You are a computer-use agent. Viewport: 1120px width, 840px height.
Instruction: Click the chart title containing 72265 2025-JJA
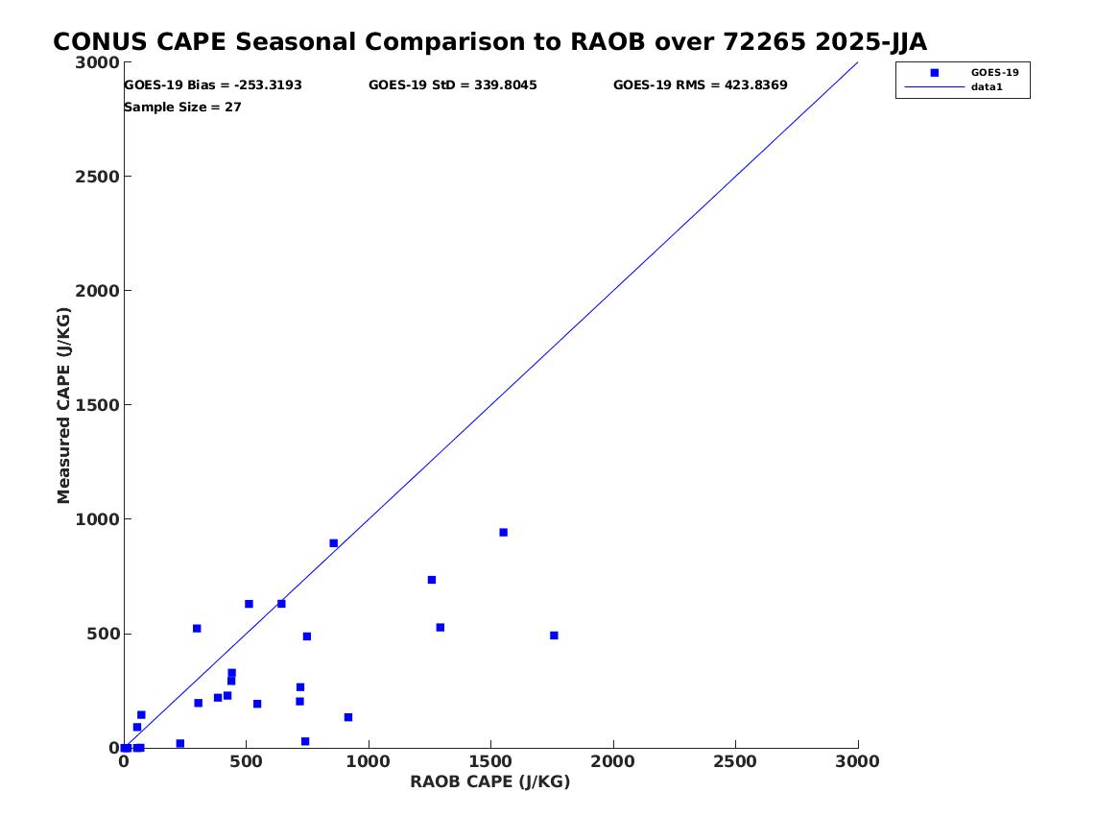tap(490, 42)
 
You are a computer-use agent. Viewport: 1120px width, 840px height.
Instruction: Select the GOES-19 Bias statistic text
tap(213, 85)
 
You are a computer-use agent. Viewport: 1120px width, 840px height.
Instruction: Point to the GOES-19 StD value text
tap(453, 85)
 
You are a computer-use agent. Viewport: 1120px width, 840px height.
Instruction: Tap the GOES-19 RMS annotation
tap(700, 85)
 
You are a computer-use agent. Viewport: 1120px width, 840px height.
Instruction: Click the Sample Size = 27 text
tap(183, 108)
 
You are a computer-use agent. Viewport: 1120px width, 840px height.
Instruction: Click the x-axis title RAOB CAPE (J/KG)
tap(490, 782)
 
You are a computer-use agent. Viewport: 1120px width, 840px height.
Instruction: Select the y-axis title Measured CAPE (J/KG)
tap(63, 405)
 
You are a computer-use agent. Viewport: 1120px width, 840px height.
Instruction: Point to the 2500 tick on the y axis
tap(97, 177)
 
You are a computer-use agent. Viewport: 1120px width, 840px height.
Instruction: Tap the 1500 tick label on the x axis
tap(490, 762)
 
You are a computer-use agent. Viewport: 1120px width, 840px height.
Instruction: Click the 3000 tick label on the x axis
tap(857, 762)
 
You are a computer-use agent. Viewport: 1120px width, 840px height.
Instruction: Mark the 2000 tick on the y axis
tap(97, 291)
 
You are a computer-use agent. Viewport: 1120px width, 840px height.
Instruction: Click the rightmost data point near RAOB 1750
tap(554, 636)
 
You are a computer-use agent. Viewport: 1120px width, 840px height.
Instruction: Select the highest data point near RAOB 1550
tap(503, 532)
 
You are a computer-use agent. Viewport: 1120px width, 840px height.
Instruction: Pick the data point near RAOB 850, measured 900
tap(333, 542)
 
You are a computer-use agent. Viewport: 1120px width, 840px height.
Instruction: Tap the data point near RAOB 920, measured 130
tap(347, 717)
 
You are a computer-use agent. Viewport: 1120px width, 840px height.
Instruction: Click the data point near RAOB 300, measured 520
tap(197, 629)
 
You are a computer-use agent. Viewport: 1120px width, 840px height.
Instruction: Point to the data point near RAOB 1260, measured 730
tap(432, 580)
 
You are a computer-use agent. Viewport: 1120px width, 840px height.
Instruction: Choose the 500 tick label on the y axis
tap(103, 634)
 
